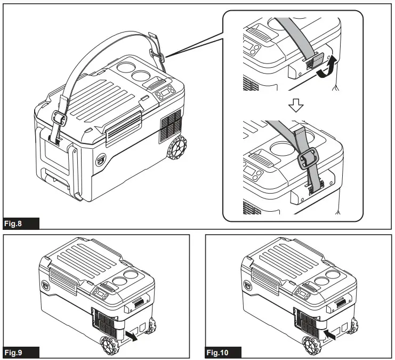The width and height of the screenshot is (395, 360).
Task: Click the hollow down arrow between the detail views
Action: pyautogui.click(x=295, y=106)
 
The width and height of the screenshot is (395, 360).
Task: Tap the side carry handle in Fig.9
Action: pyautogui.click(x=138, y=302)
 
